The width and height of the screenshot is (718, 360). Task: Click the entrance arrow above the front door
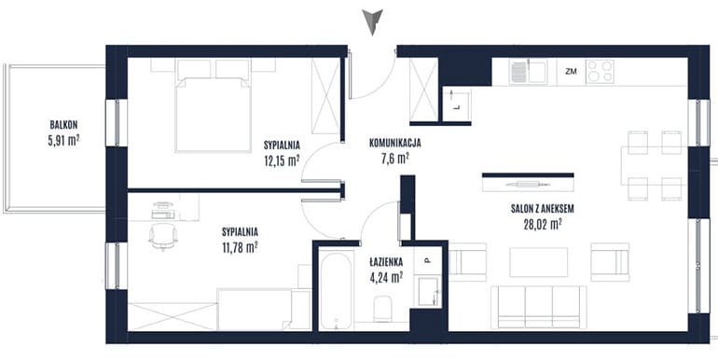pyautogui.click(x=372, y=21)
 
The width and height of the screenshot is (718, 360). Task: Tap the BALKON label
pyautogui.click(x=63, y=125)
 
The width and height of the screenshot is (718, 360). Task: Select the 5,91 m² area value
pyautogui.click(x=63, y=141)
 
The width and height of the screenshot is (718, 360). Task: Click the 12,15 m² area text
pyautogui.click(x=282, y=161)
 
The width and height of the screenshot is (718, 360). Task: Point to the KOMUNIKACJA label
pyautogui.click(x=395, y=144)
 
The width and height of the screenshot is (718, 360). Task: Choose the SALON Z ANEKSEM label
pyautogui.click(x=543, y=209)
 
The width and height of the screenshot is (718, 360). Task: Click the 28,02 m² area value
pyautogui.click(x=543, y=225)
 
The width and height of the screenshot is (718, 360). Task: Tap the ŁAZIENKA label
pyautogui.click(x=386, y=262)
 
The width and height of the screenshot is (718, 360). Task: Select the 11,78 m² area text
pyautogui.click(x=240, y=248)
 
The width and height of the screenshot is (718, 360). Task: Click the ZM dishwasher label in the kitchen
pyautogui.click(x=571, y=71)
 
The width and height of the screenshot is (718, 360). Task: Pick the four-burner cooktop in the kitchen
pyautogui.click(x=600, y=72)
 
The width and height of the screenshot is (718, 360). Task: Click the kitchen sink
pyautogui.click(x=528, y=72)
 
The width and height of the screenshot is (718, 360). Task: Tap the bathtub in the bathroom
pyautogui.click(x=336, y=290)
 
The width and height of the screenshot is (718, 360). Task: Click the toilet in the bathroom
pyautogui.click(x=382, y=309)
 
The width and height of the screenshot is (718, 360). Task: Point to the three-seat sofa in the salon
pyautogui.click(x=539, y=307)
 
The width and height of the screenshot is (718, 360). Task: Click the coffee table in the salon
pyautogui.click(x=539, y=262)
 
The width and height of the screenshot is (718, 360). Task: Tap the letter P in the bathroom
pyautogui.click(x=427, y=261)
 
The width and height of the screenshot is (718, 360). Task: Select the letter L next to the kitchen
pyautogui.click(x=457, y=108)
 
